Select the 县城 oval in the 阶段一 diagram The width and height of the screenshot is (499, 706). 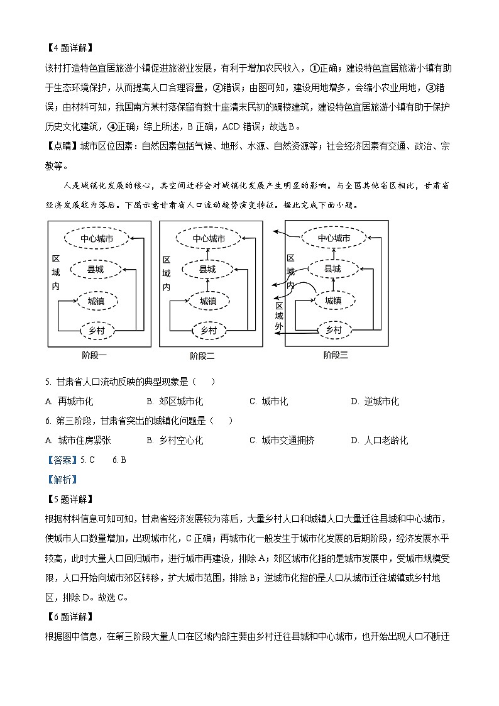(x=96, y=270)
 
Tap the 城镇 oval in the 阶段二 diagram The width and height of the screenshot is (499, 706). (x=208, y=301)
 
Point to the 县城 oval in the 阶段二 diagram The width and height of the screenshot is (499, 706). (x=207, y=270)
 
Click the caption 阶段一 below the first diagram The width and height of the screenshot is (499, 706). (x=94, y=355)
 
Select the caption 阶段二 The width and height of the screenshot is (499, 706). (x=202, y=356)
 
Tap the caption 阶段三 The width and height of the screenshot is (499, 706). (x=336, y=355)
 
